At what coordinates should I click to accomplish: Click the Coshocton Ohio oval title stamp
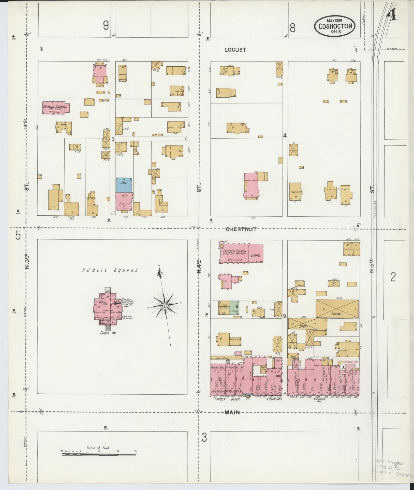coord(335,26)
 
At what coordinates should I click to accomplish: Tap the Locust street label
coord(235,50)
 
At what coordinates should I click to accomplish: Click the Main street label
coord(232,412)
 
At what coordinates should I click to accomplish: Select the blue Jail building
coord(124,185)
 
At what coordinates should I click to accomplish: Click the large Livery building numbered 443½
coord(337,308)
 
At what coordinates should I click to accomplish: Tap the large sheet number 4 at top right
coord(392,17)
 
